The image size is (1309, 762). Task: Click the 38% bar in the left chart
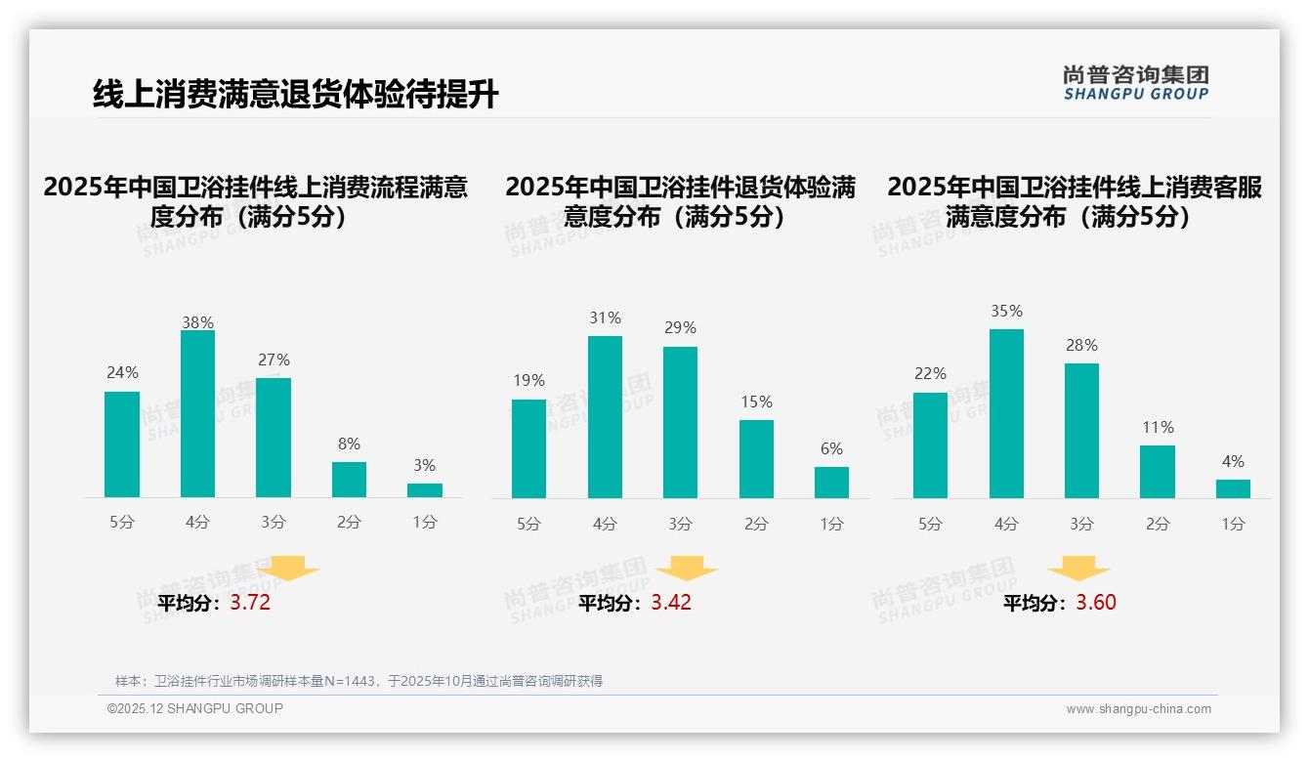click(197, 414)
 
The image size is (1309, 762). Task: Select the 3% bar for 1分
click(425, 490)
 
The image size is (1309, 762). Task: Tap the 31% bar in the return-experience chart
click(605, 417)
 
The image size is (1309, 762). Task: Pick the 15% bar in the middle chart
click(756, 459)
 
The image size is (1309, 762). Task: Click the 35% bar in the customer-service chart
click(1006, 414)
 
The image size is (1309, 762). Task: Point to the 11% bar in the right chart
click(1158, 472)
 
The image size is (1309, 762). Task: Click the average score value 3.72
click(250, 603)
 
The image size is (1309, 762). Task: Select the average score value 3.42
click(671, 603)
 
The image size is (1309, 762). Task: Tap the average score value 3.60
click(1096, 603)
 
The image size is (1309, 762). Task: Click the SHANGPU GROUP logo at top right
click(1135, 83)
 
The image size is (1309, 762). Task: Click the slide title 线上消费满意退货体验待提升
click(295, 95)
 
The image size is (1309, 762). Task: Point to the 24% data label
click(122, 372)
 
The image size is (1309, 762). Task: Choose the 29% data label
click(680, 327)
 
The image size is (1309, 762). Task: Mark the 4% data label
click(1233, 461)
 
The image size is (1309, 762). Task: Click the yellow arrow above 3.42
click(687, 570)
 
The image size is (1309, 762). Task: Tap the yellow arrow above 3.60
click(1078, 570)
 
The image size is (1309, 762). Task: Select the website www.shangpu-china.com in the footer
click(1138, 709)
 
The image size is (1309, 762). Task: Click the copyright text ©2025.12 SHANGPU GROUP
click(195, 708)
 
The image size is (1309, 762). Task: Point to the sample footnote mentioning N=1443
click(359, 681)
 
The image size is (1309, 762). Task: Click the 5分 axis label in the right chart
click(930, 525)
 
